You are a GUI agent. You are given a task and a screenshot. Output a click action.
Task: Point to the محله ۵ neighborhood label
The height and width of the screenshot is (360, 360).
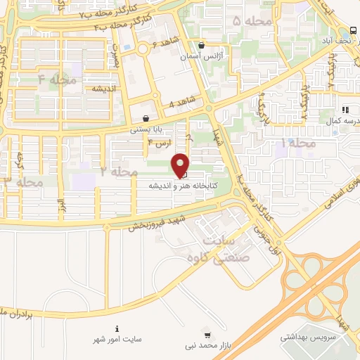coord(246,22)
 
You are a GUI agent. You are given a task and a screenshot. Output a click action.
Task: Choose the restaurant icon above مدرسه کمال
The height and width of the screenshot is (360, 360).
coord(345,109)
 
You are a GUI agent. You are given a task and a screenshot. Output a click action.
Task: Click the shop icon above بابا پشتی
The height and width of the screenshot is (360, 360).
coord(146,118)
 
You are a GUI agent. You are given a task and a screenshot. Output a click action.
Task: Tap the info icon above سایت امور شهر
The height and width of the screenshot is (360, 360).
coord(117,329)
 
